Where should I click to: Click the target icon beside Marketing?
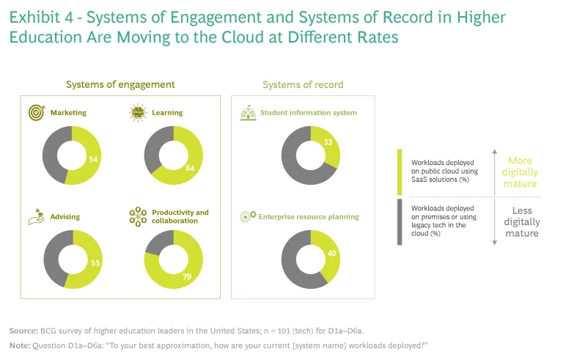pyautogui.click(x=36, y=113)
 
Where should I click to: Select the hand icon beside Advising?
pyautogui.click(x=35, y=217)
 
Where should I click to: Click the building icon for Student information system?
pyautogui.click(x=247, y=113)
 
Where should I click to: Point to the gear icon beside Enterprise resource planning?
pyautogui.click(x=247, y=217)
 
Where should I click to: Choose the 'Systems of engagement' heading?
pyautogui.click(x=121, y=85)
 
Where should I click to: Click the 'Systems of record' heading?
pyautogui.click(x=303, y=85)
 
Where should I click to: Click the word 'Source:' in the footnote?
pyautogui.click(x=23, y=330)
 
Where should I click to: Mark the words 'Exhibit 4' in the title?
pyautogui.click(x=37, y=17)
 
